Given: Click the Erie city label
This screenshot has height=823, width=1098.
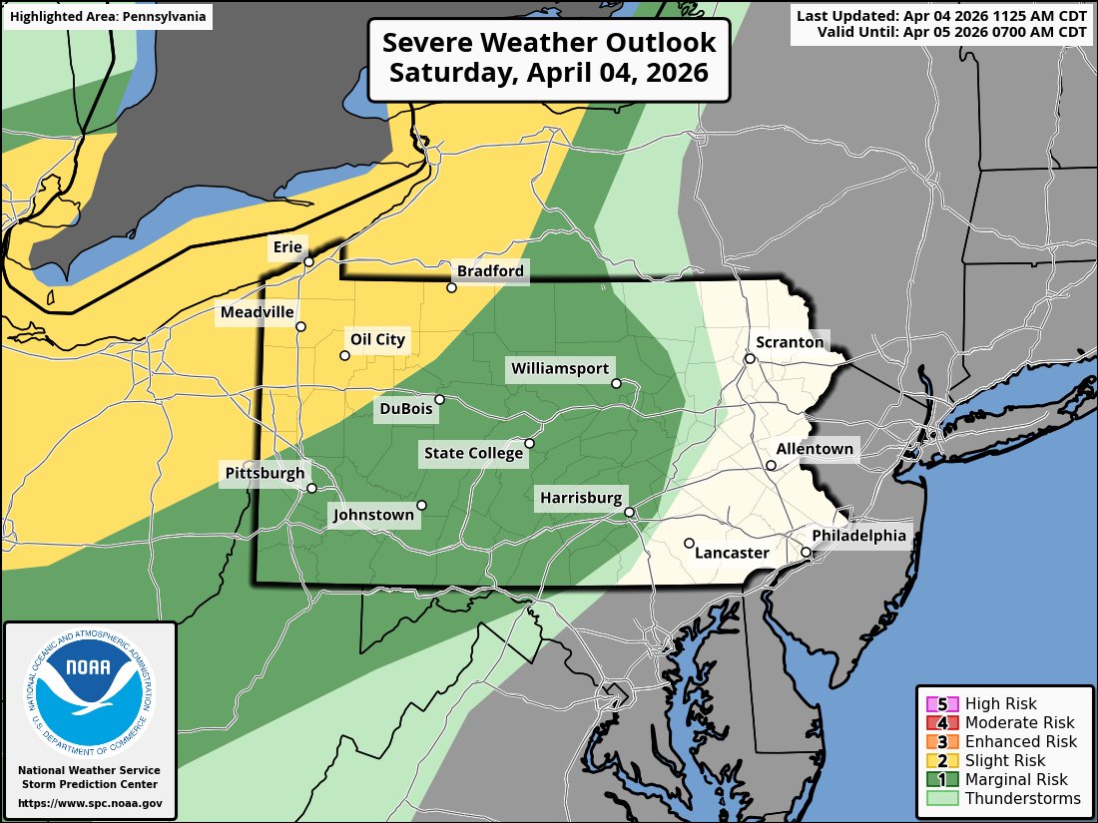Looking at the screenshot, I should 289,246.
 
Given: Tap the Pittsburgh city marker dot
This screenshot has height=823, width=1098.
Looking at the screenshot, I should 311,489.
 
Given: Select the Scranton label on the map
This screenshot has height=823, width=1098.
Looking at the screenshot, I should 790,342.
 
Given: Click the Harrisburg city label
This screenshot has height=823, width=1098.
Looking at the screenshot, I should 581,497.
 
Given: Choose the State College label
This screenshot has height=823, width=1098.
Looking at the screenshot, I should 473,454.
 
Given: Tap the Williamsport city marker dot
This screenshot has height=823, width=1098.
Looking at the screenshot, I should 616,383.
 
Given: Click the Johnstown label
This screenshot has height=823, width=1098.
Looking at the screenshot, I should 372,516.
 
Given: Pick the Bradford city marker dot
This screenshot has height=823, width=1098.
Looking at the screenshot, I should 451,287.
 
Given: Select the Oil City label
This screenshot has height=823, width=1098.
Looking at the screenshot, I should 377,339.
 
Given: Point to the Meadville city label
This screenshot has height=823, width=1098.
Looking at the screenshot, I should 258,312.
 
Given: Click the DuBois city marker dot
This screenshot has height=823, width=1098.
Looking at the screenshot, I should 439,399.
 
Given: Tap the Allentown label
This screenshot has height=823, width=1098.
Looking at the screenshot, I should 815,449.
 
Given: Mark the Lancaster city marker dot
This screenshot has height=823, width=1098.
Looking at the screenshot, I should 689,543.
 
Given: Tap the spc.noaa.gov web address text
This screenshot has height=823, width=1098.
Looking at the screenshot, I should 90,803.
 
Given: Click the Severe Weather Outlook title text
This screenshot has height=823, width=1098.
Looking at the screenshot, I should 549,59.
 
